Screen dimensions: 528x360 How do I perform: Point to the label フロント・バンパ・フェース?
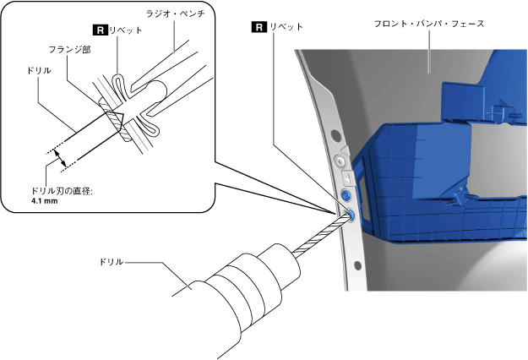point(429,24)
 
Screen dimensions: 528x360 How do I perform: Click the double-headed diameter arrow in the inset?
point(57,158)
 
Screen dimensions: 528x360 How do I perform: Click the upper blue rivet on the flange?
point(346,194)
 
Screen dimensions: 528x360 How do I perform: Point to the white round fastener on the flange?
point(340,159)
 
